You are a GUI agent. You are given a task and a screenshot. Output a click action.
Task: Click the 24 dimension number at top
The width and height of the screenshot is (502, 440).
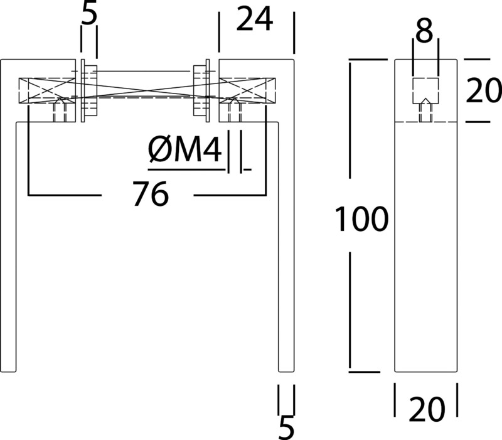click(255, 19)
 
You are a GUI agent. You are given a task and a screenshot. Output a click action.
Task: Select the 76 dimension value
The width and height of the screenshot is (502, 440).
click(151, 194)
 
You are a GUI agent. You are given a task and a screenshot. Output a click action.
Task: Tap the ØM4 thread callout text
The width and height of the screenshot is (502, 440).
click(184, 149)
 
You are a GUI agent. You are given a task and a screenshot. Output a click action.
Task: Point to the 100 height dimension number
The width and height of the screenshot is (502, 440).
click(361, 218)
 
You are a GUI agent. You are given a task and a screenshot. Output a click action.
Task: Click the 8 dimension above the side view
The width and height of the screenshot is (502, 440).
click(425, 31)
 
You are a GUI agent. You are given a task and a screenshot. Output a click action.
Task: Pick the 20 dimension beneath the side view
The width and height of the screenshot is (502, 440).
click(427, 409)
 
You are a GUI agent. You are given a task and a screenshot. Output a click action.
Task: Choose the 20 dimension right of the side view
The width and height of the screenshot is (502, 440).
click(483, 90)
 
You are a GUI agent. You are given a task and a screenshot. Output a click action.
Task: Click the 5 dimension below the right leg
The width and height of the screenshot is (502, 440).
click(286, 427)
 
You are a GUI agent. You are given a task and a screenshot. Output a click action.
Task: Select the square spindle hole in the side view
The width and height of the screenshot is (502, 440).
click(425, 90)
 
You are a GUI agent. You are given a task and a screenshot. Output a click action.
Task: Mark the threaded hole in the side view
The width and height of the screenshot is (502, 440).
click(425, 110)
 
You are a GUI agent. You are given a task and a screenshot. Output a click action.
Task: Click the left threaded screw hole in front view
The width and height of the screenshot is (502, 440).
click(60, 110)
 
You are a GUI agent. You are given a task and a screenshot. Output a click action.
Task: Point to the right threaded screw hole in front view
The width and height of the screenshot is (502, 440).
click(235, 110)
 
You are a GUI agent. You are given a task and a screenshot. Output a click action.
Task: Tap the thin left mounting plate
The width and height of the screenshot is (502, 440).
click(83, 90)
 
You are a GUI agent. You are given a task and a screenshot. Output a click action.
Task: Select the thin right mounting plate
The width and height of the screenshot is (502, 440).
click(208, 90)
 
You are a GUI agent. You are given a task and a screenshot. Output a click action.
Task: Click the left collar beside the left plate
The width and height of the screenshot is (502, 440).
click(91, 90)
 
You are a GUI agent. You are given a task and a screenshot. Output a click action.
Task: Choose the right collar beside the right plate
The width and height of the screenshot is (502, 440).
click(200, 90)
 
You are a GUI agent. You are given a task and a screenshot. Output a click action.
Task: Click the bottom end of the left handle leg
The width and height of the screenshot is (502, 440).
click(8, 372)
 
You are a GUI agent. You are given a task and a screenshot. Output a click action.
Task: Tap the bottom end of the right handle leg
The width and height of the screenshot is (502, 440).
click(286, 372)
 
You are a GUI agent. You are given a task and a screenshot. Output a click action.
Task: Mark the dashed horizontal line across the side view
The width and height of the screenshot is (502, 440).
click(426, 122)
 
